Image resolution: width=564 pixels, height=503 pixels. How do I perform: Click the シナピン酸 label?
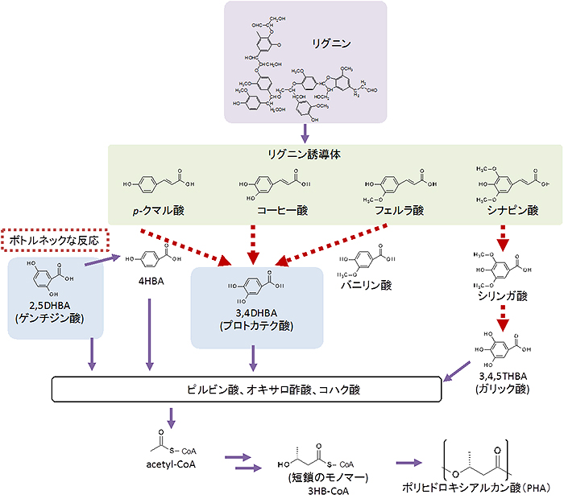click(x=512, y=212)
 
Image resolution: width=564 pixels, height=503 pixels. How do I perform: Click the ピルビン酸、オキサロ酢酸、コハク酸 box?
click(x=247, y=390)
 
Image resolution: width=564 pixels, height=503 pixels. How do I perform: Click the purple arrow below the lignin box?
click(x=305, y=132)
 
